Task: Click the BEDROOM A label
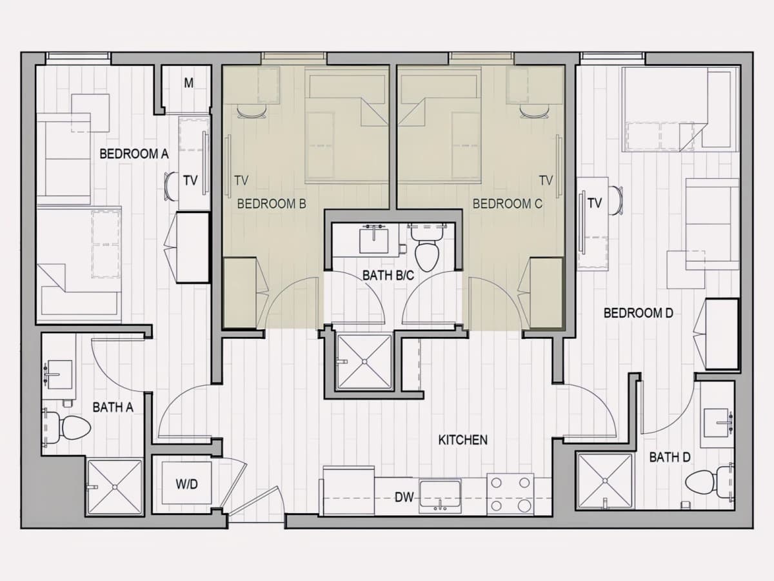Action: [x=134, y=154]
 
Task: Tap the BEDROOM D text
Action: [x=639, y=313]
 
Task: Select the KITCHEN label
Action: [x=463, y=440]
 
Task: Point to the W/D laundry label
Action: [x=187, y=484]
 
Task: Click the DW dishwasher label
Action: [x=404, y=497]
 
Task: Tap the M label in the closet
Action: [x=188, y=83]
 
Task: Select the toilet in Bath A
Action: [x=68, y=427]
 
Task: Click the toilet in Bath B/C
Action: [x=427, y=249]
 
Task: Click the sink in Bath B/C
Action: [x=373, y=240]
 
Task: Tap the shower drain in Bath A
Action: [x=115, y=487]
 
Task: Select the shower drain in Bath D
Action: [x=605, y=481]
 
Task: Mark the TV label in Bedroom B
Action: [x=241, y=181]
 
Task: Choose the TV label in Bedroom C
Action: [x=546, y=181]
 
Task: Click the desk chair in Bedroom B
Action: [x=252, y=112]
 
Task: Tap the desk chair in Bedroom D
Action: [x=615, y=200]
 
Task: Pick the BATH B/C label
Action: [x=388, y=276]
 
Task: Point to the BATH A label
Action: [x=113, y=407]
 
